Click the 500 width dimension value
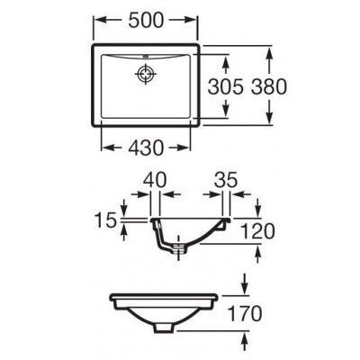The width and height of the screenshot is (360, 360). pyautogui.click(x=146, y=21)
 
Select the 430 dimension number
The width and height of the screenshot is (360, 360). pyautogui.click(x=146, y=148)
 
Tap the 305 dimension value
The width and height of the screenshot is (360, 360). pyautogui.click(x=225, y=87)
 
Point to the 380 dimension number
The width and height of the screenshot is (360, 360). pyautogui.click(x=269, y=87)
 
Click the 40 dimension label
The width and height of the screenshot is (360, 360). pyautogui.click(x=155, y=181)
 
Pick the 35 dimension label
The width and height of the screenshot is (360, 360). pyautogui.click(x=226, y=181)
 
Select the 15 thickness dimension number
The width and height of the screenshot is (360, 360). pyautogui.click(x=105, y=220)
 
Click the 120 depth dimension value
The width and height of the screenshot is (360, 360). pyautogui.click(x=257, y=231)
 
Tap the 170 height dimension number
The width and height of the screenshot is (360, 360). pyautogui.click(x=245, y=313)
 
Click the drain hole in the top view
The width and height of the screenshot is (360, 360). pyautogui.click(x=146, y=74)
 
